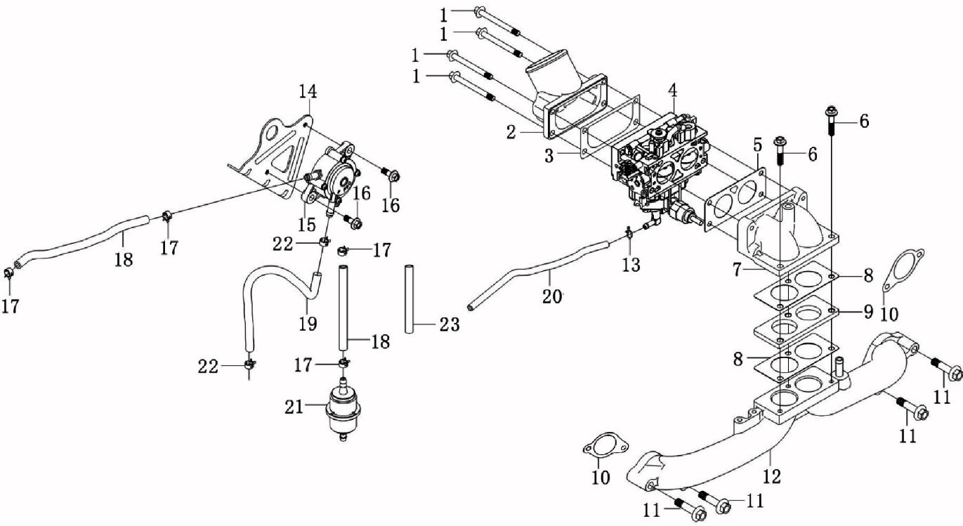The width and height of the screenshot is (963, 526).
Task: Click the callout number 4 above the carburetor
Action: tap(672, 90)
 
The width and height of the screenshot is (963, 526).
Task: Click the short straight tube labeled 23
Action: tap(410, 298)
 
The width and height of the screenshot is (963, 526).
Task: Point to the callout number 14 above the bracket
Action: tap(308, 91)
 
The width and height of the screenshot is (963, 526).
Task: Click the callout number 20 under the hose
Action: tap(552, 296)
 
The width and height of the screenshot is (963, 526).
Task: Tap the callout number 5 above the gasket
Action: tap(756, 146)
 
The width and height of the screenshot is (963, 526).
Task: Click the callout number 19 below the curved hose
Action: tap(307, 323)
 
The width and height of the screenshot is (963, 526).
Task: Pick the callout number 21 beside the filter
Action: tap(294, 407)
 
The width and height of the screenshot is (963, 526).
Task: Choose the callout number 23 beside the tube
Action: tap(450, 324)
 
